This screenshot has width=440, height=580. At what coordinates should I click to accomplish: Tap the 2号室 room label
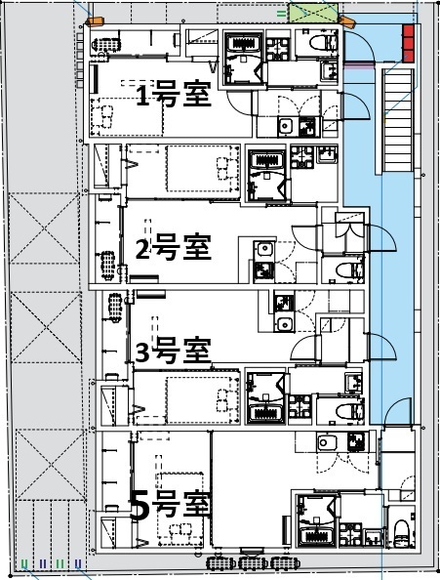point(173,248)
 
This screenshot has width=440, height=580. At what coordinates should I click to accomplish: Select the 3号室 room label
point(173,349)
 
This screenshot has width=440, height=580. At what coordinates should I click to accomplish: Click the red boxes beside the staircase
point(408,43)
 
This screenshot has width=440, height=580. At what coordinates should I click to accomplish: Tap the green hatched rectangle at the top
point(317,16)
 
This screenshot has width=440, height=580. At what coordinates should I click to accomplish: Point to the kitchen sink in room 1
point(286,126)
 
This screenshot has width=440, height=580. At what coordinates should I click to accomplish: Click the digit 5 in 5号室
point(140,506)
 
